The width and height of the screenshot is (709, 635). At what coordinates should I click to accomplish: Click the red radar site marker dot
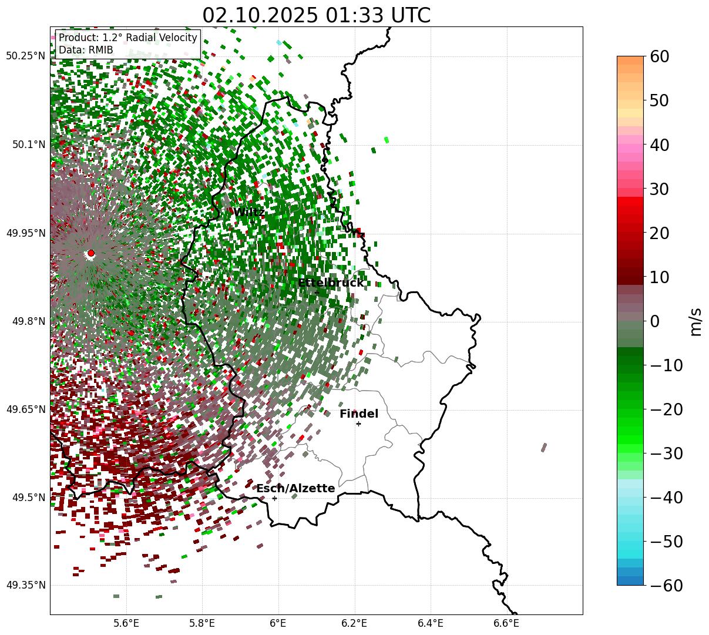90,253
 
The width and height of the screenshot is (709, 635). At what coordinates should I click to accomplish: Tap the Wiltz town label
249,212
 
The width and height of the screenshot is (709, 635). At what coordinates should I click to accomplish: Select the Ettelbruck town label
330,283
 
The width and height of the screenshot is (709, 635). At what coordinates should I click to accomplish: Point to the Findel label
359,414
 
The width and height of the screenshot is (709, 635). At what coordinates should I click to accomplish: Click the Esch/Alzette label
295,488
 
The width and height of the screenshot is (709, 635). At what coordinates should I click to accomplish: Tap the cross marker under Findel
358,424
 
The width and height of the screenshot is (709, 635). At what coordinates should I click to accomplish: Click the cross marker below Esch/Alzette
274,498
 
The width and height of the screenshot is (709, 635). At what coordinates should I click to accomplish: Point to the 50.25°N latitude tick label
26,56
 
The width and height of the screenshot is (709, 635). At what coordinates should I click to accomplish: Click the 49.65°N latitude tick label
26,409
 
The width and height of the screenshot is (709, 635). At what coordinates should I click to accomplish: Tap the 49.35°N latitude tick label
26,585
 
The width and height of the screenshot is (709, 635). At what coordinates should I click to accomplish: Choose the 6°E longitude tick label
278,623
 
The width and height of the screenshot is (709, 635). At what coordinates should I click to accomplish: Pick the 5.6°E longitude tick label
126,623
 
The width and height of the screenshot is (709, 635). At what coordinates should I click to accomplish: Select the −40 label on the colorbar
666,498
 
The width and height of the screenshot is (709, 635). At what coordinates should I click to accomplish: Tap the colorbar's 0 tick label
654,321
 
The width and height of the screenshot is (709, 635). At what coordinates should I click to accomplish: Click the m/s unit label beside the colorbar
696,321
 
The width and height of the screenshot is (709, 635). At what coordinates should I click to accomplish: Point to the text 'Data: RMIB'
86,50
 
